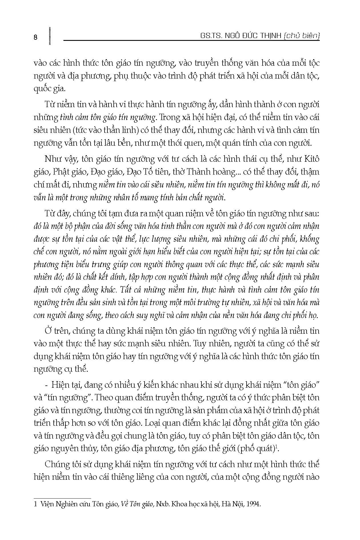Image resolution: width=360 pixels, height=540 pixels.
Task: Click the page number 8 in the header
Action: tap(35, 37)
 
